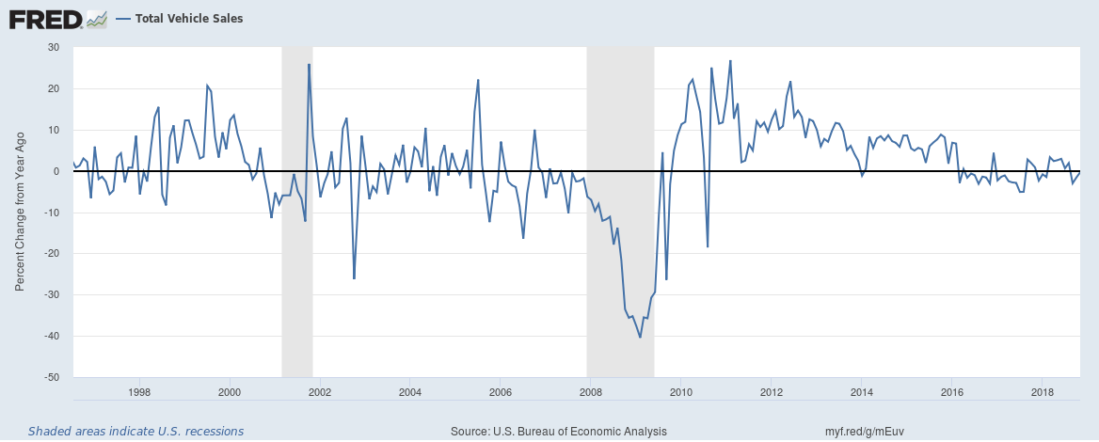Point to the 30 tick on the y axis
pyautogui.click(x=54, y=47)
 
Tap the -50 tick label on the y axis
pyautogui.click(x=51, y=377)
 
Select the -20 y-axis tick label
pyautogui.click(x=51, y=254)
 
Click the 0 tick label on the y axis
pyautogui.click(x=56, y=171)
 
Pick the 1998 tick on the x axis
pyautogui.click(x=139, y=391)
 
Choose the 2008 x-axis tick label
pyautogui.click(x=590, y=391)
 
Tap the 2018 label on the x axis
pyautogui.click(x=1042, y=391)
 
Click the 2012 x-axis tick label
pyautogui.click(x=771, y=391)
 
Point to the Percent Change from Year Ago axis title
pyautogui.click(x=19, y=213)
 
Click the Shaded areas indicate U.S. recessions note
pyautogui.click(x=135, y=432)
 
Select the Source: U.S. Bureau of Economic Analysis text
pyautogui.click(x=559, y=432)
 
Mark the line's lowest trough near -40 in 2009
pyautogui.click(x=640, y=337)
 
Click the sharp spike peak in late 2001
pyautogui.click(x=309, y=64)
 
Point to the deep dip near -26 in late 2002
pyautogui.click(x=354, y=278)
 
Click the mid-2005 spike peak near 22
pyautogui.click(x=478, y=80)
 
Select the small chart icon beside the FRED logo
pyautogui.click(x=96, y=19)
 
